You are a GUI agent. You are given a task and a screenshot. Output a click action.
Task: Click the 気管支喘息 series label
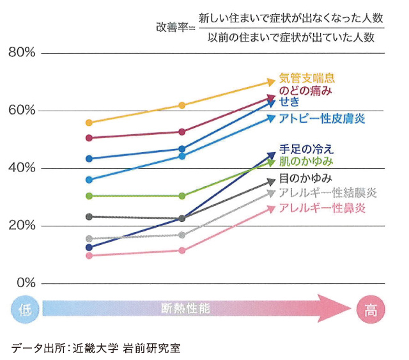(x=307, y=79)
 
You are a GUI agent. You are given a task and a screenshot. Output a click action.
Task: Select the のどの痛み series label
(x=305, y=91)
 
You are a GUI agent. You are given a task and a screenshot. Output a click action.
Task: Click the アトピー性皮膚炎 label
(x=322, y=118)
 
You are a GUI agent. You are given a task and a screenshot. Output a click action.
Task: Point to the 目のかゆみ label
(x=305, y=178)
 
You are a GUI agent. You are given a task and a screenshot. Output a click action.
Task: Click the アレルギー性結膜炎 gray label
(x=328, y=192)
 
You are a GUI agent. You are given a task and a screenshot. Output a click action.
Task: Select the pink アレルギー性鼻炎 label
(x=322, y=208)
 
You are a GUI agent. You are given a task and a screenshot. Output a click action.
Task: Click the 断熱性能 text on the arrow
(x=185, y=308)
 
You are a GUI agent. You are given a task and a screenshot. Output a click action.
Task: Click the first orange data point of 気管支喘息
(x=89, y=123)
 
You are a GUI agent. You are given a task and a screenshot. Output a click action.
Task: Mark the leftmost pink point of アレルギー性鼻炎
(x=89, y=256)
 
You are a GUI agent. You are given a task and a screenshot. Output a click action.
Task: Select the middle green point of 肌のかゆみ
(x=182, y=196)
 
